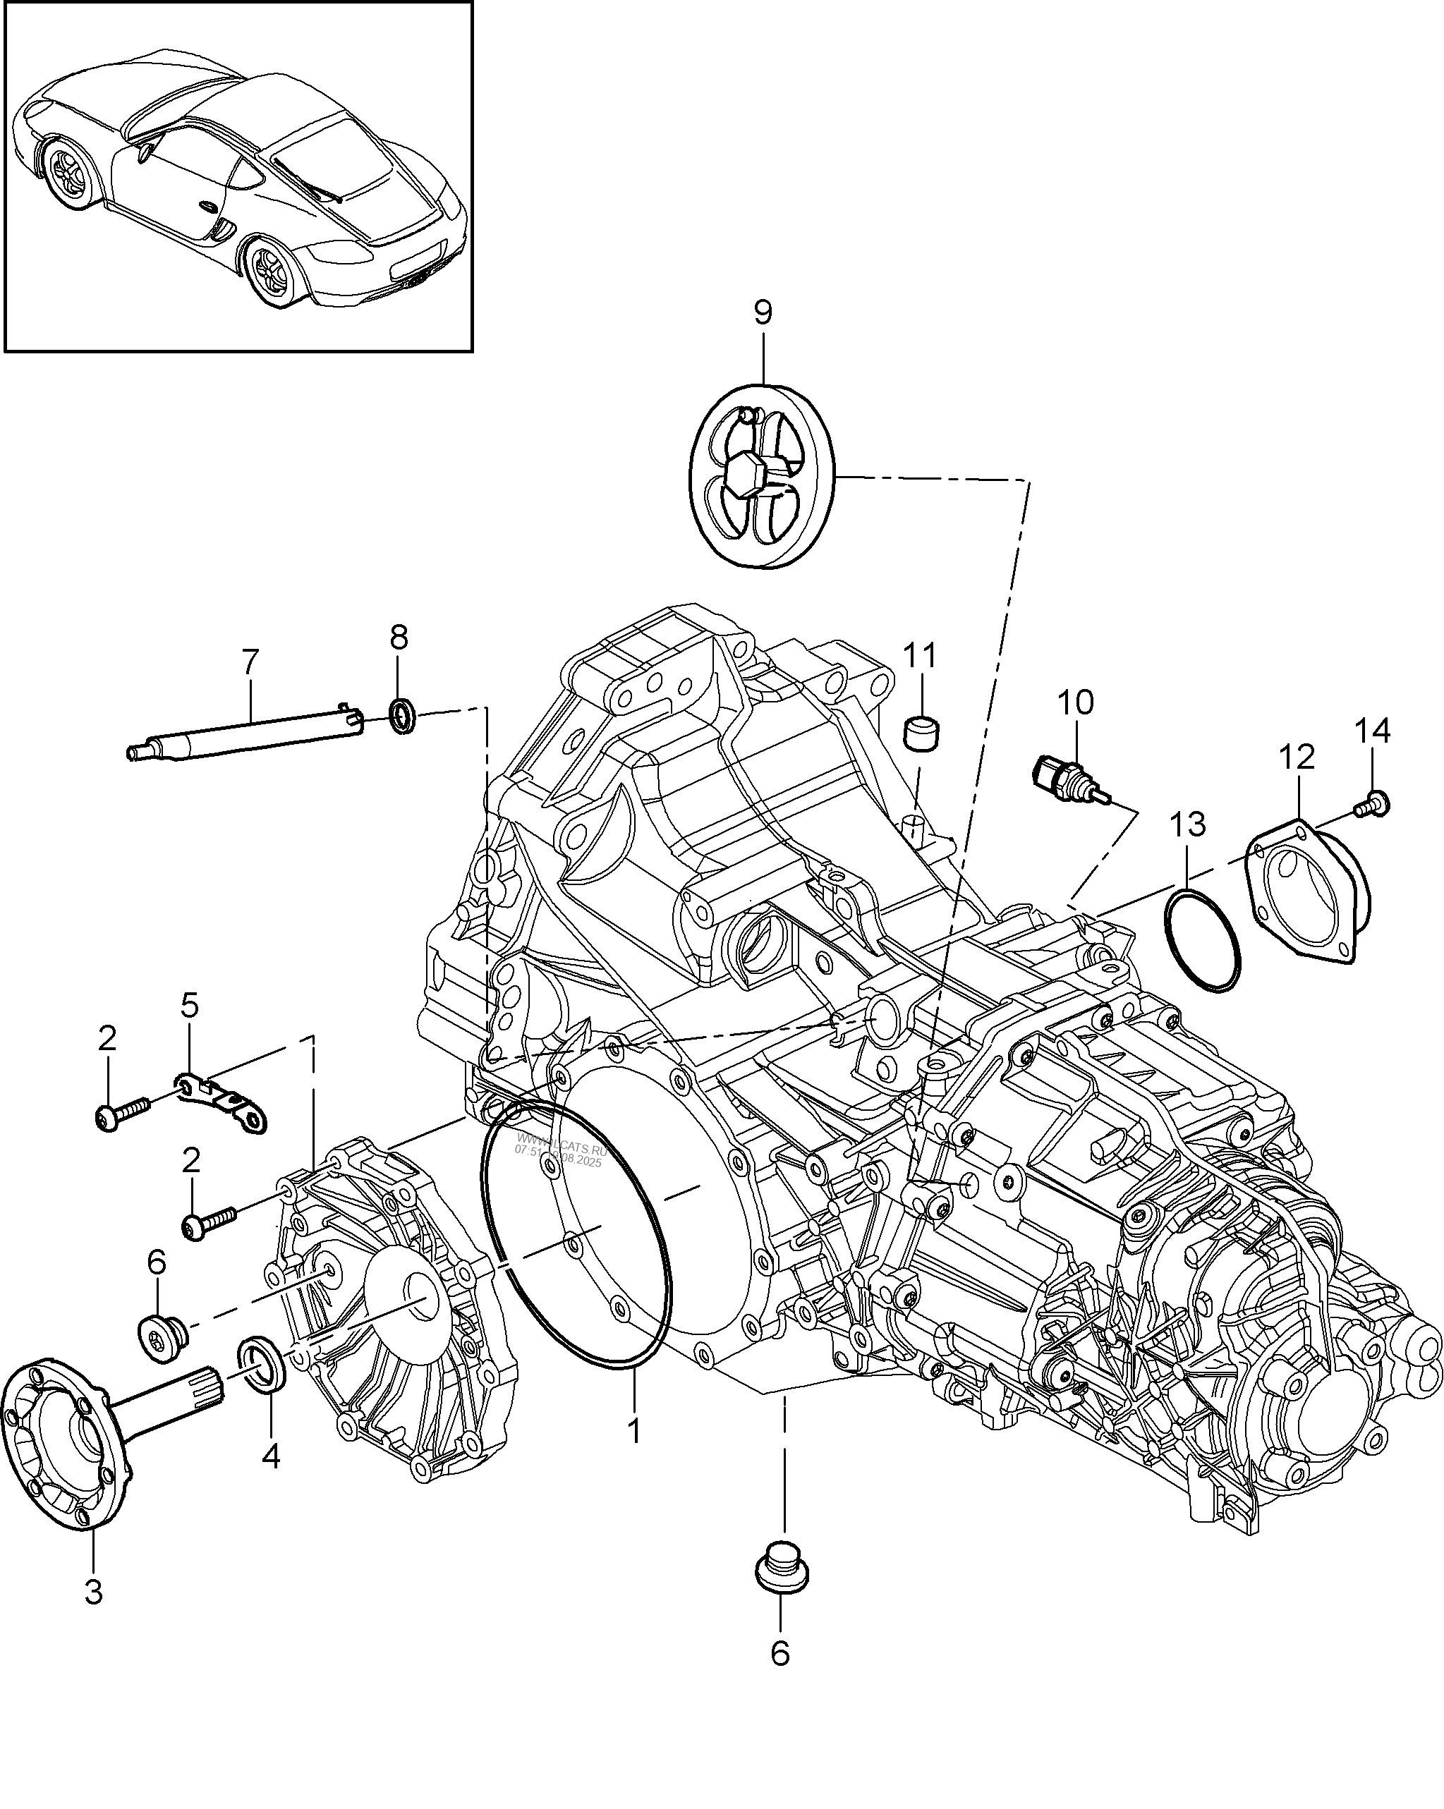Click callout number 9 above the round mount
[x=762, y=312]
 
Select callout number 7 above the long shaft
[x=250, y=663]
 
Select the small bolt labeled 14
[x=1374, y=805]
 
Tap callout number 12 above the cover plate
[x=1297, y=757]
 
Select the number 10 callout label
[x=1076, y=702]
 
